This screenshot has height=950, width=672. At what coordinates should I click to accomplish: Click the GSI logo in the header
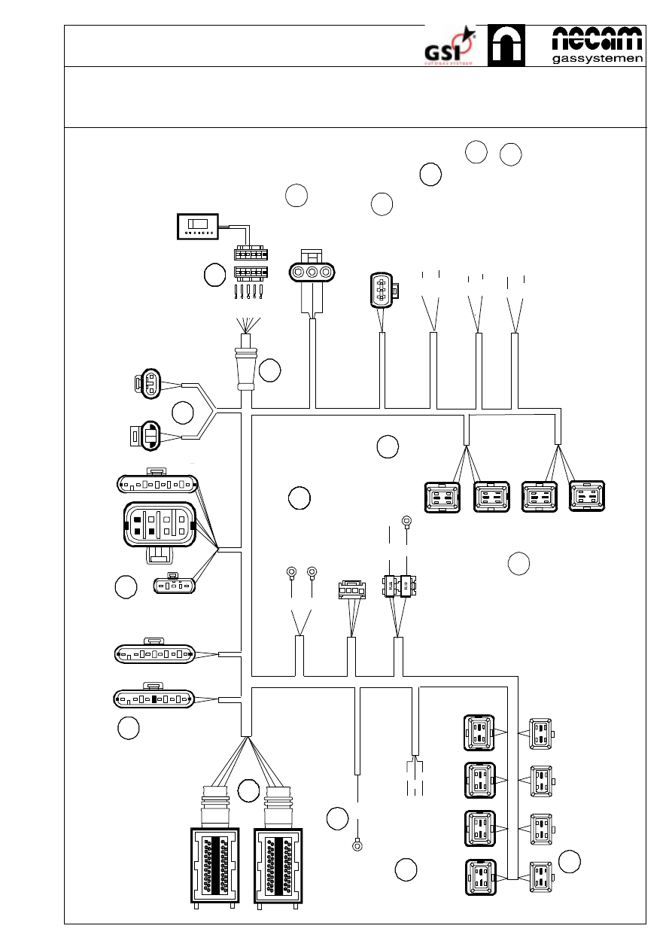[449, 47]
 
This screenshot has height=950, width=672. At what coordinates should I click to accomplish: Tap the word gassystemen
[598, 58]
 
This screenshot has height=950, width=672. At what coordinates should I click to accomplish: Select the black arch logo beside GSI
[506, 45]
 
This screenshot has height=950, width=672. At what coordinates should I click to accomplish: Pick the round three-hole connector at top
[312, 273]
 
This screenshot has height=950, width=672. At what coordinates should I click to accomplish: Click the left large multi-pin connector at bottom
[213, 866]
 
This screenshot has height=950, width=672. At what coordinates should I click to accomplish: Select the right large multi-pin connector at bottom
[278, 866]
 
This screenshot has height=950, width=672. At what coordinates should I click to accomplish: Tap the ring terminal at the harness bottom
[357, 845]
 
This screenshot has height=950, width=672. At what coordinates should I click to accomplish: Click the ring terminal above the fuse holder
[406, 520]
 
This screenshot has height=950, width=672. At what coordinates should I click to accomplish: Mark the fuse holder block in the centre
[398, 585]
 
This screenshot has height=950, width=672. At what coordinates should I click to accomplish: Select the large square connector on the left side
[159, 525]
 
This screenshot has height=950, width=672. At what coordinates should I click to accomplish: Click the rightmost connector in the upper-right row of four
[588, 498]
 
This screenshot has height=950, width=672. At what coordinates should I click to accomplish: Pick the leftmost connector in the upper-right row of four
[443, 498]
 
